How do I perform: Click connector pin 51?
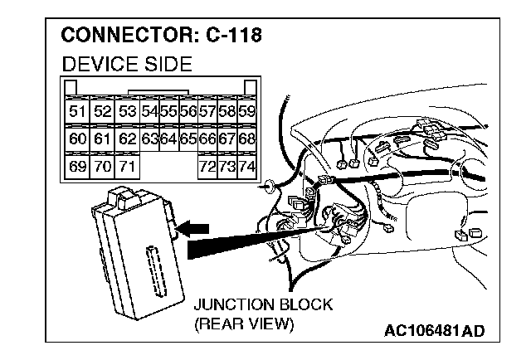click(x=78, y=110)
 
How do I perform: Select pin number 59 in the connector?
click(x=246, y=110)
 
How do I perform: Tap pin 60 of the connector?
click(x=78, y=139)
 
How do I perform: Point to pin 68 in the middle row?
click(x=246, y=139)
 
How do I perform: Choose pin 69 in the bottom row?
click(x=78, y=167)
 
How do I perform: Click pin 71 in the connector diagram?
click(x=126, y=167)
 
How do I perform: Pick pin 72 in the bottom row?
click(x=207, y=167)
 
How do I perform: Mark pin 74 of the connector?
click(x=246, y=167)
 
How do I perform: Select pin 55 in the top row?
click(x=168, y=110)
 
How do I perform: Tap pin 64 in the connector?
click(x=168, y=139)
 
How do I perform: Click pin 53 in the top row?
click(x=126, y=110)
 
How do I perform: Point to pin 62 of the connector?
click(x=126, y=139)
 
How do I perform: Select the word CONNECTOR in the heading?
click(x=121, y=36)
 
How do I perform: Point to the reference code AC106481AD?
click(x=434, y=331)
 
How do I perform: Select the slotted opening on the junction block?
click(x=154, y=269)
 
